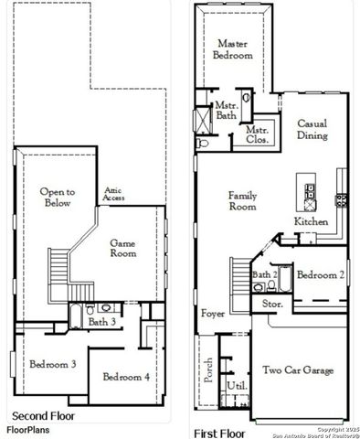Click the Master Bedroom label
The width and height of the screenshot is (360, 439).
(234, 49)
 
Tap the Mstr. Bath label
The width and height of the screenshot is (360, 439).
(226, 111)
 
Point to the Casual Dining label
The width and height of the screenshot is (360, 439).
(312, 129)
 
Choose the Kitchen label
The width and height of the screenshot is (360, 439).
(310, 222)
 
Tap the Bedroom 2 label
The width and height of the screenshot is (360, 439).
(320, 274)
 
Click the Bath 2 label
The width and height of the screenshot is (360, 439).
(265, 274)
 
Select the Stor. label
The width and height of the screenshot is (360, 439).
(272, 303)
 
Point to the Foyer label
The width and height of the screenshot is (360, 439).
(213, 314)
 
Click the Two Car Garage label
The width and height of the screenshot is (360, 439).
(298, 370)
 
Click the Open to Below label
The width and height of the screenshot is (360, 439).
(57, 198)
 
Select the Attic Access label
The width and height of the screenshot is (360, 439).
(113, 193)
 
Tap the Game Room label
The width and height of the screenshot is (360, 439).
(123, 248)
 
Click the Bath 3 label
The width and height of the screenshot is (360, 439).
(101, 322)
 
